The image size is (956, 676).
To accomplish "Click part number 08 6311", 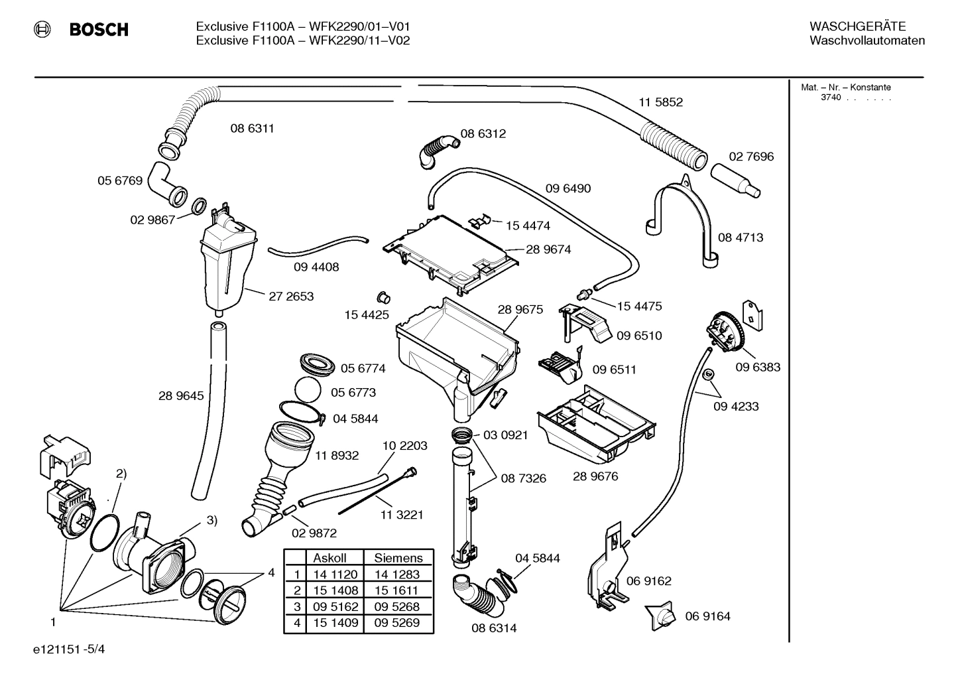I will pyautogui.click(x=252, y=129).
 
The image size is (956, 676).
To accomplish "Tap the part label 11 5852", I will pyautogui.click(x=660, y=102).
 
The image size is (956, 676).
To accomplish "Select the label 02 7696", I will pyautogui.click(x=751, y=157).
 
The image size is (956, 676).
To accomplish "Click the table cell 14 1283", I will pyautogui.click(x=397, y=575).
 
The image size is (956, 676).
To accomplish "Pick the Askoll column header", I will pyautogui.click(x=329, y=559).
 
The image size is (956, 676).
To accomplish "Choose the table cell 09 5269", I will pyautogui.click(x=397, y=623).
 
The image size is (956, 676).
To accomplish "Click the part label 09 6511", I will pyautogui.click(x=614, y=370).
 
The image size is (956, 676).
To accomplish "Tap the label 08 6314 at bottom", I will pyautogui.click(x=494, y=628).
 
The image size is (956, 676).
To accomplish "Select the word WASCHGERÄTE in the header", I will pyautogui.click(x=857, y=27).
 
